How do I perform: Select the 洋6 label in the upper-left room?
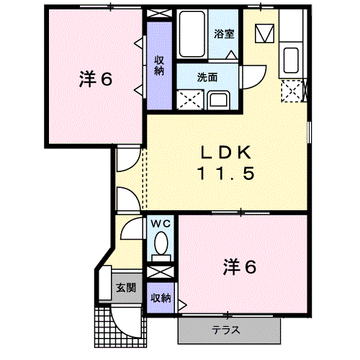pyautogui.click(x=96, y=79)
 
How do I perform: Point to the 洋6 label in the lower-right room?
pyautogui.click(x=239, y=267)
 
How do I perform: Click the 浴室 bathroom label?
pyautogui.click(x=223, y=33)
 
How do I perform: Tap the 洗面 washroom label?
pyautogui.click(x=208, y=77)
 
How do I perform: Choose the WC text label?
pyautogui.click(x=159, y=223)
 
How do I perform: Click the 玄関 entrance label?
pyautogui.click(x=126, y=288)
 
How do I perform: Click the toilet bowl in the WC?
pyautogui.click(x=161, y=243)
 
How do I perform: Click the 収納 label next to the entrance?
pyautogui.click(x=161, y=298)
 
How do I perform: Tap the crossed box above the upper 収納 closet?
pyautogui.click(x=158, y=13)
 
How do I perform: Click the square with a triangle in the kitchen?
pyautogui.click(x=264, y=32)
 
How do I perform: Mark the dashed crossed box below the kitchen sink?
pyautogui.click(x=292, y=90)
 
